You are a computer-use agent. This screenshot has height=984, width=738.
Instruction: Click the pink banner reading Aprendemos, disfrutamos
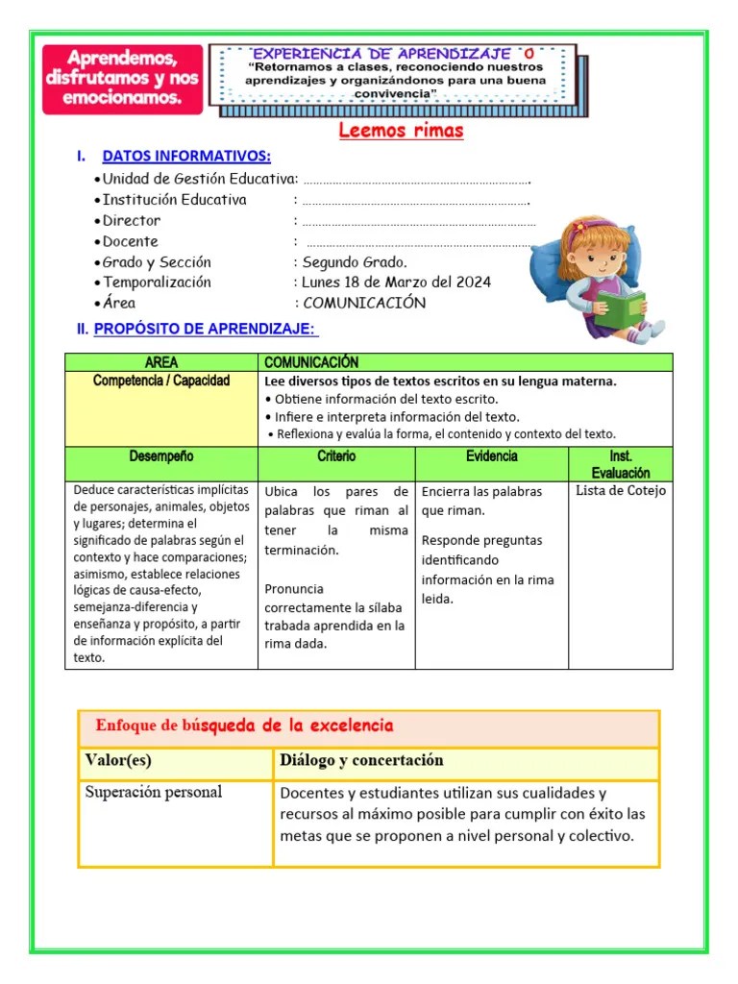pos(123,80)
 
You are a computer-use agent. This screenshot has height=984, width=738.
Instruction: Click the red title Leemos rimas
pos(401,131)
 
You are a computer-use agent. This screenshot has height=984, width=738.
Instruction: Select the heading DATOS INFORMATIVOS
pos(185,157)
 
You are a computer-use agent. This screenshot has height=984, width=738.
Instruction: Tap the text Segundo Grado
pos(355,262)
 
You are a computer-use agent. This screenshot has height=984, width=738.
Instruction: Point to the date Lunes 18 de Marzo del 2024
pos(396,283)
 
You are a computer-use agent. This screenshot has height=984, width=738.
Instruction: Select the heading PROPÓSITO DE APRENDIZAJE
pos(205,330)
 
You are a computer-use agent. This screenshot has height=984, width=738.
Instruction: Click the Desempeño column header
pos(161,456)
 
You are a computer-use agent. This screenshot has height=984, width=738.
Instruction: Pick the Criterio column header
pos(336,456)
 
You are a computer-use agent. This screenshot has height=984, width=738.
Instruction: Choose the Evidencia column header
pos(491,456)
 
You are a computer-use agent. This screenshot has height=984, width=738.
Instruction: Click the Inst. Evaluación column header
pos(620,464)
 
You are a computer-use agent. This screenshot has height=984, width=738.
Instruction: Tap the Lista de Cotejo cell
pos(620,491)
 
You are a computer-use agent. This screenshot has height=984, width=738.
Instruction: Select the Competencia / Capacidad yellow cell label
pos(161,381)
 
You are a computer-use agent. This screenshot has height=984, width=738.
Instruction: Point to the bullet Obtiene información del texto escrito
pos(381,399)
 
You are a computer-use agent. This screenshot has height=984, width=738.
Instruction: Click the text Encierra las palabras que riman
pos(481,501)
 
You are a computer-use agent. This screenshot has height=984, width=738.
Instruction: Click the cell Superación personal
pos(154,793)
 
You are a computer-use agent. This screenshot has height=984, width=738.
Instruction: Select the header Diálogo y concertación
pos(361,760)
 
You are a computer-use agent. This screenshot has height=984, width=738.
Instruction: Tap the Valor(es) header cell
pos(118,760)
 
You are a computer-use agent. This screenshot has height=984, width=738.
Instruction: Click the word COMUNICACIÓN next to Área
pos(364,303)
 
